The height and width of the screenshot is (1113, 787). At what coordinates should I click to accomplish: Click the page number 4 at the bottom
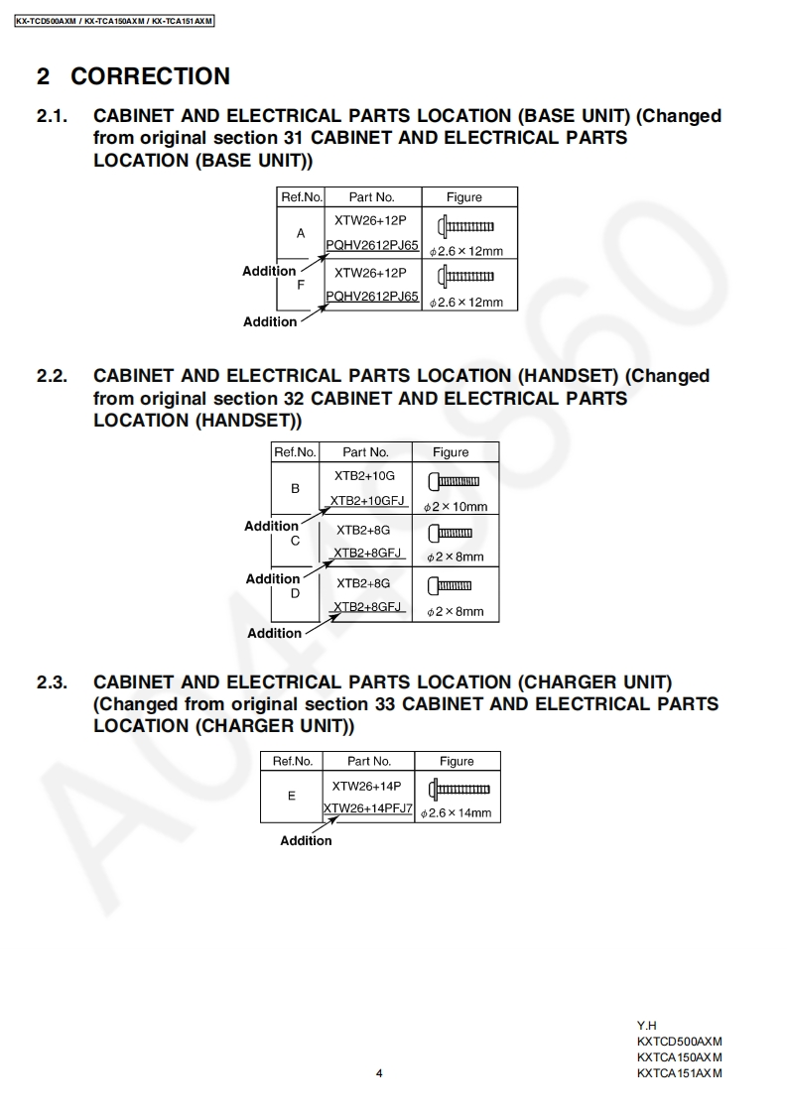(379, 1072)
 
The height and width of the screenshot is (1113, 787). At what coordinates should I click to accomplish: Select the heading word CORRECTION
(150, 76)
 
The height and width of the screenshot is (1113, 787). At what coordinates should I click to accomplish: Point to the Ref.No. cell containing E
(291, 796)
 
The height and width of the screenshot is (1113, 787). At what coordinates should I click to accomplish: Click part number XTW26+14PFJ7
(368, 808)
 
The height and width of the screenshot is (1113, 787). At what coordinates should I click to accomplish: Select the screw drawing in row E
(459, 789)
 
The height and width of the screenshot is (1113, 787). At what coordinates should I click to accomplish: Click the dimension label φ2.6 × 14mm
(457, 813)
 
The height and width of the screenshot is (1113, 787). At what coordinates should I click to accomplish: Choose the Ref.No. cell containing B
(295, 488)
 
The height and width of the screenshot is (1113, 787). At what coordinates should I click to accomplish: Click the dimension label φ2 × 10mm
(457, 507)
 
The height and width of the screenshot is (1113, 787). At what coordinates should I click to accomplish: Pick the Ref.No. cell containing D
(295, 594)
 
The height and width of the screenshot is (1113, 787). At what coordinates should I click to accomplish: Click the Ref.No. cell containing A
(301, 233)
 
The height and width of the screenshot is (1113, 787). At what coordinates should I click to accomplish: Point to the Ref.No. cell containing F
(301, 285)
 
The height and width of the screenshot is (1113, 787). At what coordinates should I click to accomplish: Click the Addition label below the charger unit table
(306, 841)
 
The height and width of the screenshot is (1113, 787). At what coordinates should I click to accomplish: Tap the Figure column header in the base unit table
(463, 197)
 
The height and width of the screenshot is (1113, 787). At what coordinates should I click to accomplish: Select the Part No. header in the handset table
(365, 452)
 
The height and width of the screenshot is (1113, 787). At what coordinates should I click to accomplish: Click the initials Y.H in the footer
(647, 1026)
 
